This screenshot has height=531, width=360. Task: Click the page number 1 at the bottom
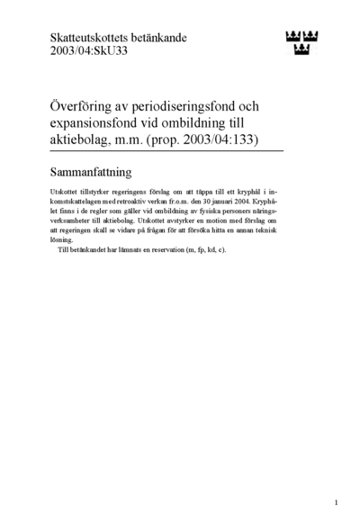[x=335, y=503]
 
